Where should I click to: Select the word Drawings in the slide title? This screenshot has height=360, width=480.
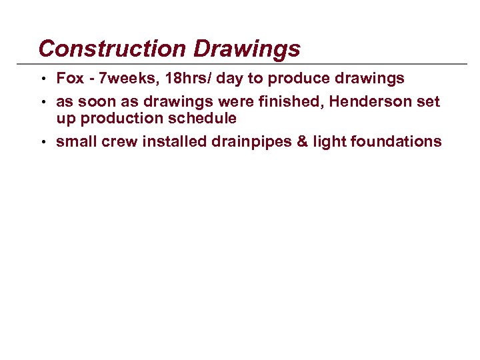(247, 49)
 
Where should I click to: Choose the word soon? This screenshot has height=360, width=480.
(96, 101)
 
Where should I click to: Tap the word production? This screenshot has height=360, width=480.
(115, 118)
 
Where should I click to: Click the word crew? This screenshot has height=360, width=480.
(118, 141)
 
